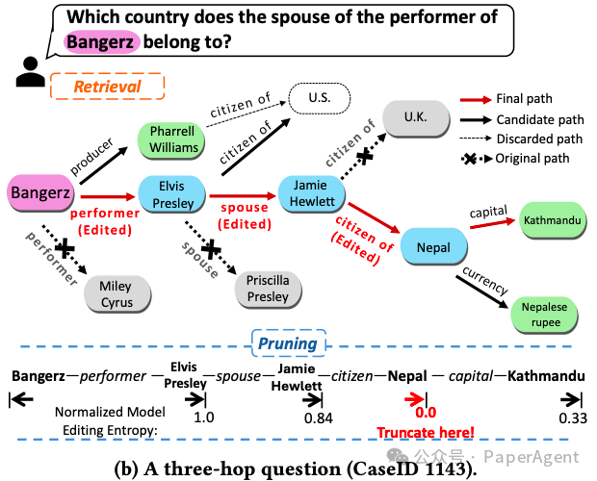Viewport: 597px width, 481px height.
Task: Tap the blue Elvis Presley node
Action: click(174, 192)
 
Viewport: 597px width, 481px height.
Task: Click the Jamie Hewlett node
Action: click(312, 193)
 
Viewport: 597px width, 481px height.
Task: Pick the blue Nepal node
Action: click(433, 247)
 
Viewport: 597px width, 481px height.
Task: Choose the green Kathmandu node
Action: click(552, 220)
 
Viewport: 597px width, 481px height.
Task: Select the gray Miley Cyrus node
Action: click(116, 294)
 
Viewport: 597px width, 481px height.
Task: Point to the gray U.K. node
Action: click(416, 117)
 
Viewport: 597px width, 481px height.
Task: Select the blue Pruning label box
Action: click(289, 343)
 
